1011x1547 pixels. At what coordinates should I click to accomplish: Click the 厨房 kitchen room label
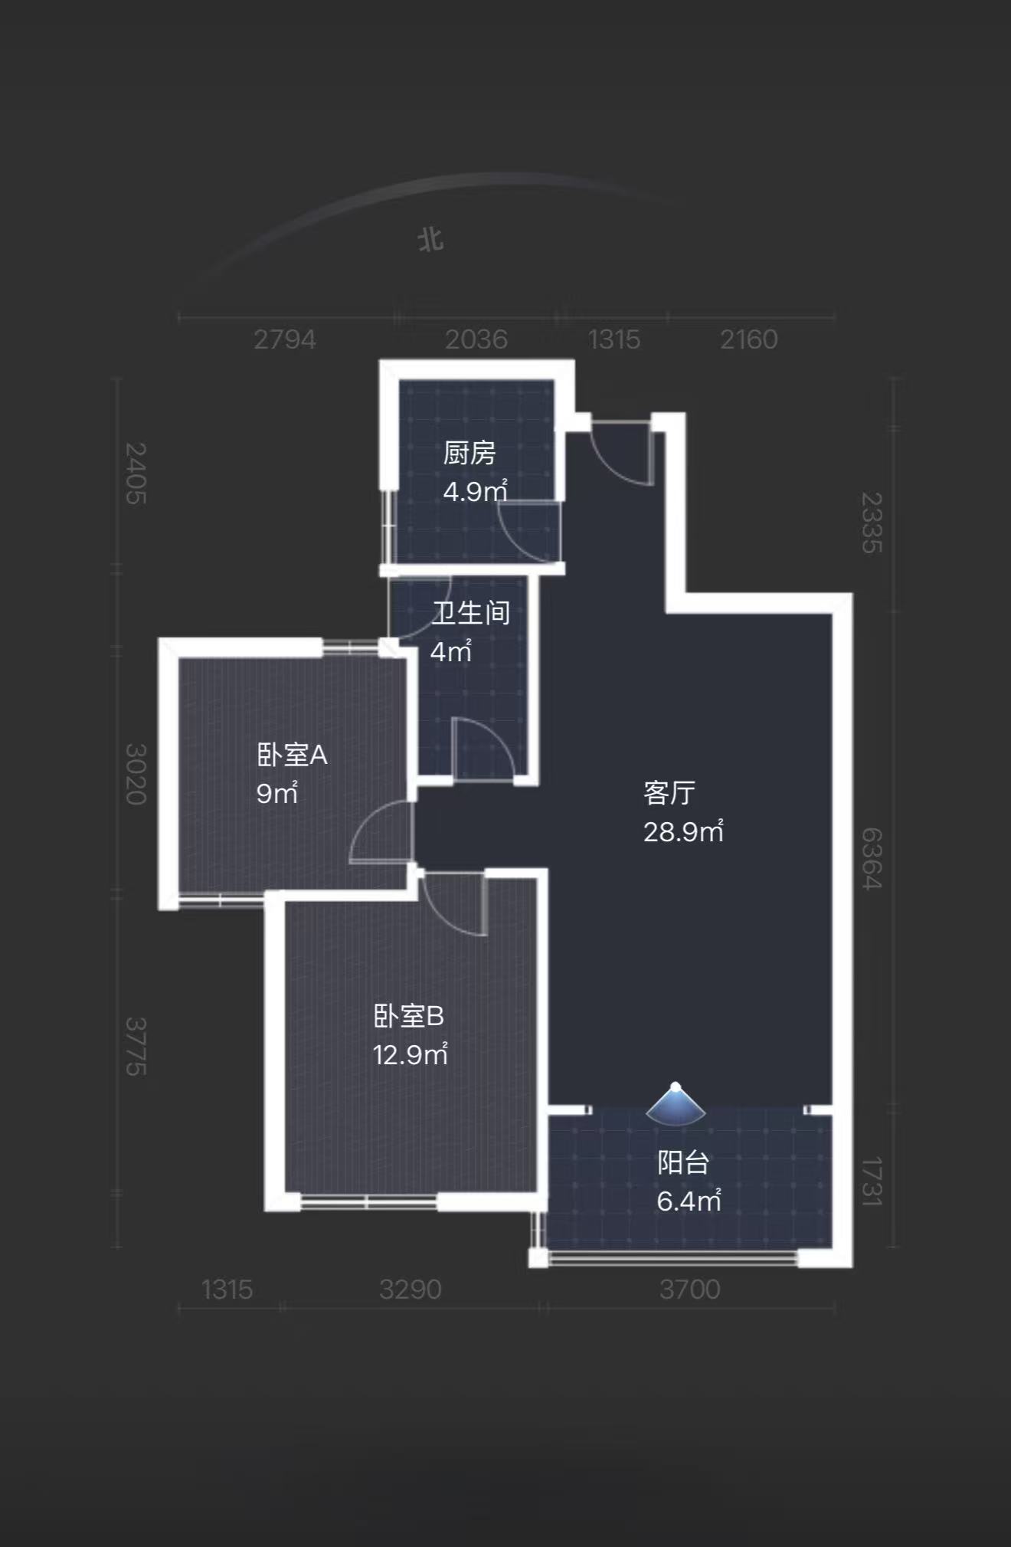click(x=469, y=453)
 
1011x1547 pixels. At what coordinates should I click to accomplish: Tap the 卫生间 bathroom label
click(x=470, y=612)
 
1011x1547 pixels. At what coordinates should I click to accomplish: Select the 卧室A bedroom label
click(x=292, y=755)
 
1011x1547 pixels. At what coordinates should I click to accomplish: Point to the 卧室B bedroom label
click(x=408, y=1016)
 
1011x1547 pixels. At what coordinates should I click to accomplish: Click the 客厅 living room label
click(x=669, y=792)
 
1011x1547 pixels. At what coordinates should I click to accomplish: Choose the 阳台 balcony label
click(x=682, y=1162)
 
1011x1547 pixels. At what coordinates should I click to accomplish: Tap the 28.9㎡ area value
click(x=683, y=831)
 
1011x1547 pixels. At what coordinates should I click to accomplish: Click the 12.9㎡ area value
click(x=410, y=1055)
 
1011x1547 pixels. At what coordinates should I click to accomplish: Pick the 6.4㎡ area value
click(x=689, y=1201)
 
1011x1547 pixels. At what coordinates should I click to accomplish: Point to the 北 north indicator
click(x=430, y=239)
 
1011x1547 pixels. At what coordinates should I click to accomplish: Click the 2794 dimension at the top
click(x=285, y=339)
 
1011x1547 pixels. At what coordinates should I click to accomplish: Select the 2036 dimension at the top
click(x=476, y=339)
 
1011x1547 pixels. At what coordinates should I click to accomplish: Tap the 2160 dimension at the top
click(x=748, y=339)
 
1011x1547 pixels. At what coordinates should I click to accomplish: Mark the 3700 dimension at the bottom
click(x=689, y=1290)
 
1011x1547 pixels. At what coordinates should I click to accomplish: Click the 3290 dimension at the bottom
click(x=410, y=1290)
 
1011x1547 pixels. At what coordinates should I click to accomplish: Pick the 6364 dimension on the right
click(x=872, y=858)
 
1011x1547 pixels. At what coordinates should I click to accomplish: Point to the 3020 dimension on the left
click(x=136, y=774)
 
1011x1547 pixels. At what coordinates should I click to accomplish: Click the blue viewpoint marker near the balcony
click(x=675, y=1105)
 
